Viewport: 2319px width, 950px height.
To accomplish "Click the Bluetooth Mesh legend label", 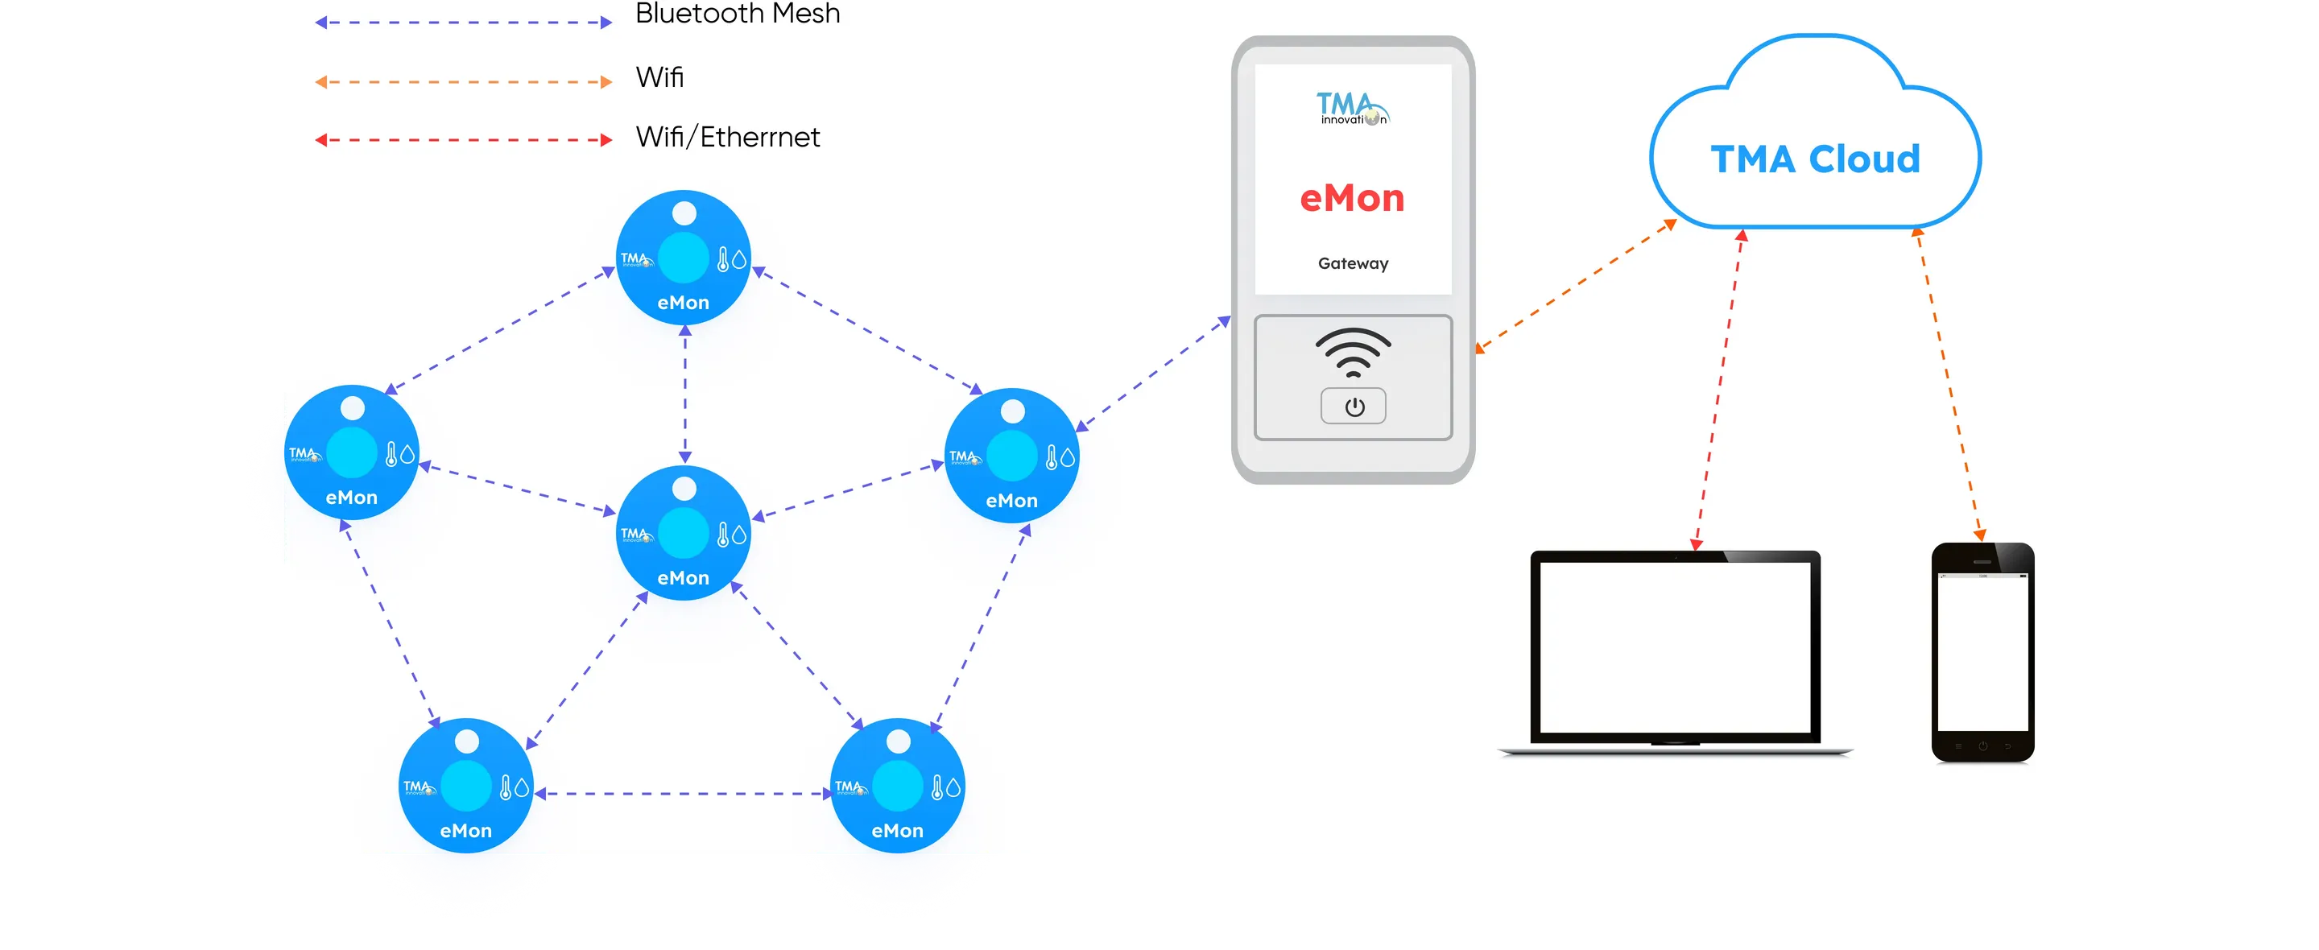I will (738, 14).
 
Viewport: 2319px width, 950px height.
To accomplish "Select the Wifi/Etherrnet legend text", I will (727, 137).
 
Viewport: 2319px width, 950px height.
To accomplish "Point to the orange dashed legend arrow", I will (463, 82).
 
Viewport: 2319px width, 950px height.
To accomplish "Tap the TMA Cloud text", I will (1815, 159).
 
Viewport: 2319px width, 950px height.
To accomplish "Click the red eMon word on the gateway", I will (1352, 198).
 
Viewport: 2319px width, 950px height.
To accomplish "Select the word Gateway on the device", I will (1352, 264).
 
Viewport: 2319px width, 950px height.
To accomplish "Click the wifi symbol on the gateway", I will (1352, 352).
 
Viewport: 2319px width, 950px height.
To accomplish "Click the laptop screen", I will (1675, 647).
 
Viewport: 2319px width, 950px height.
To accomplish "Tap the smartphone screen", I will (1982, 653).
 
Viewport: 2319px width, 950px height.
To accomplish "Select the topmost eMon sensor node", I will (684, 257).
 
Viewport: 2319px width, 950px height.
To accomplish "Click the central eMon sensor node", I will (684, 532).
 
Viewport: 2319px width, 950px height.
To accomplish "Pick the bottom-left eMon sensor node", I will (465, 784).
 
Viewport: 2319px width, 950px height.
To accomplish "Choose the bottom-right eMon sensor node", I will (897, 784).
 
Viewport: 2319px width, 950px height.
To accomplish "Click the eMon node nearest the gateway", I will (1012, 455).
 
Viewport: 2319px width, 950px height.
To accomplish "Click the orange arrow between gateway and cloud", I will (1576, 287).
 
